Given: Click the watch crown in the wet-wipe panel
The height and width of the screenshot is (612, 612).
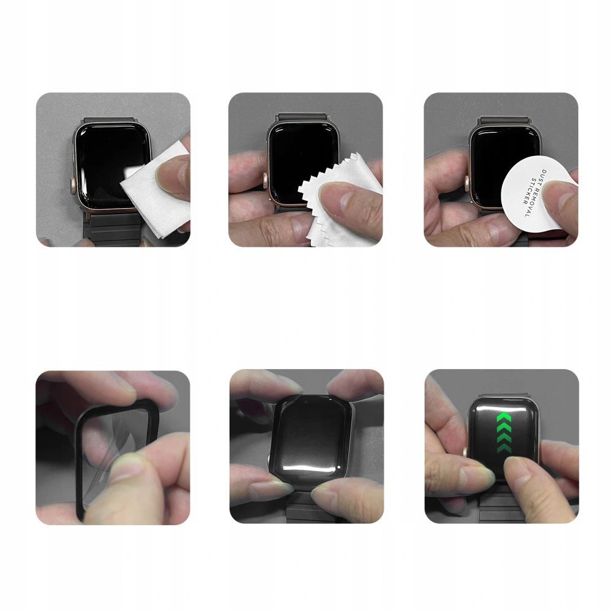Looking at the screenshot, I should point(75,184).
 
